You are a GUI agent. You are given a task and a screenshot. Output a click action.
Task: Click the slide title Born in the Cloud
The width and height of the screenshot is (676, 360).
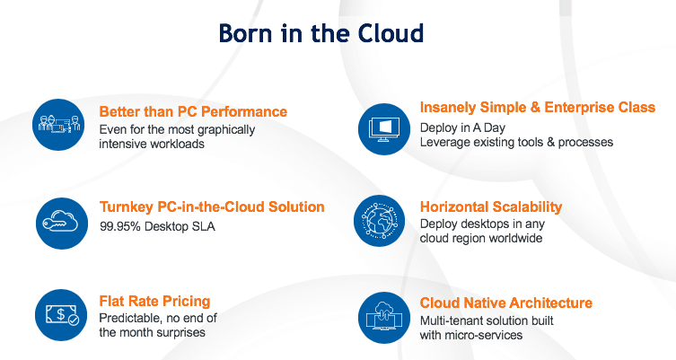click(x=321, y=33)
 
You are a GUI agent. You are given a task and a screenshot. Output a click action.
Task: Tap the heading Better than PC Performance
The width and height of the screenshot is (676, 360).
click(x=193, y=111)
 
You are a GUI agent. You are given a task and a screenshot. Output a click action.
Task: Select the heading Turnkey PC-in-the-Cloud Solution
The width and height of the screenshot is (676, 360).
click(x=212, y=207)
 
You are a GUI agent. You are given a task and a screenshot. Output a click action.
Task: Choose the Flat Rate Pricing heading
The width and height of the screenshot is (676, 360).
click(x=154, y=301)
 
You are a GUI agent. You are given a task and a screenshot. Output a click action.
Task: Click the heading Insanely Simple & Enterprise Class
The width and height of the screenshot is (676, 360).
click(x=538, y=108)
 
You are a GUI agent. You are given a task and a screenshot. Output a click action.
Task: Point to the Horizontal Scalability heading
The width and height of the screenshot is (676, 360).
click(x=491, y=207)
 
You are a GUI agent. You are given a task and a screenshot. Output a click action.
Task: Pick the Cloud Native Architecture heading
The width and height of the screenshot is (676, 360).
click(x=506, y=303)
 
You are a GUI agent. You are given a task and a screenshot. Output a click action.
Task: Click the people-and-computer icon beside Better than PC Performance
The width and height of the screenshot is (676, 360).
click(x=58, y=125)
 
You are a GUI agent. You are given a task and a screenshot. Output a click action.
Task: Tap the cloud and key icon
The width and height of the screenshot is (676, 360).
click(x=62, y=224)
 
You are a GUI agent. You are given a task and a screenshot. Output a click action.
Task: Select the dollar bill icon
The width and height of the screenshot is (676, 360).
click(x=61, y=315)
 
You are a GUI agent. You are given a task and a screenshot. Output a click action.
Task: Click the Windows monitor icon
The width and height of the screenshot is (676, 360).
click(x=383, y=129)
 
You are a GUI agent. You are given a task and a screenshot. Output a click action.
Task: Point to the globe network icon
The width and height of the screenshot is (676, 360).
click(x=380, y=221)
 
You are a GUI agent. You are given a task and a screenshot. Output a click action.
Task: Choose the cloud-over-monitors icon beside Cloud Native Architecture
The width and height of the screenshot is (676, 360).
click(x=383, y=318)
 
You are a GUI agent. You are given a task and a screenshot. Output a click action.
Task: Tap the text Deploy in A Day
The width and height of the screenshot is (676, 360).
click(x=462, y=128)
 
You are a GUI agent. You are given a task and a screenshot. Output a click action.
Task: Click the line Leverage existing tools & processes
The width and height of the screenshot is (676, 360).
click(x=516, y=142)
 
